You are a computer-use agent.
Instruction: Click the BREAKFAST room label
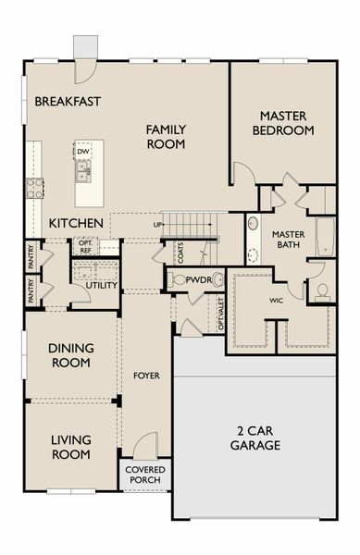coord(68,101)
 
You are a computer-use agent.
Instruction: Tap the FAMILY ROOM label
coord(166,137)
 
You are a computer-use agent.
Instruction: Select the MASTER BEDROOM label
coord(283,123)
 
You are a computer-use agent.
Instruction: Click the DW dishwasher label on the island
coord(83,152)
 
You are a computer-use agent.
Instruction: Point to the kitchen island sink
coord(83,168)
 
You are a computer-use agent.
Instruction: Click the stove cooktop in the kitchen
coord(34,188)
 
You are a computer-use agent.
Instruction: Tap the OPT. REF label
coord(85,245)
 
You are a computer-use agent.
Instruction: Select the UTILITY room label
coord(101,286)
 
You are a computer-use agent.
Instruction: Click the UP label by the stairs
coord(158,225)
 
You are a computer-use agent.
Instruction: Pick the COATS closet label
coord(180,251)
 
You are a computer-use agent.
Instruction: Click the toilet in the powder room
coord(179,279)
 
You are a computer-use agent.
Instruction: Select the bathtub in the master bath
coord(326,237)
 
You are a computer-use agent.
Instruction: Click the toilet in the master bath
coord(322,291)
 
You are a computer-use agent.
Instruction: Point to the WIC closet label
coord(276,301)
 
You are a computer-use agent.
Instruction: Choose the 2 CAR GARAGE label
coord(255,438)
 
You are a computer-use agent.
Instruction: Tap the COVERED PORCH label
coord(145,475)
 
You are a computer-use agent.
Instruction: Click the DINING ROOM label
coord(70,356)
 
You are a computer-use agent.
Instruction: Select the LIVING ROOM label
coord(70,447)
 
